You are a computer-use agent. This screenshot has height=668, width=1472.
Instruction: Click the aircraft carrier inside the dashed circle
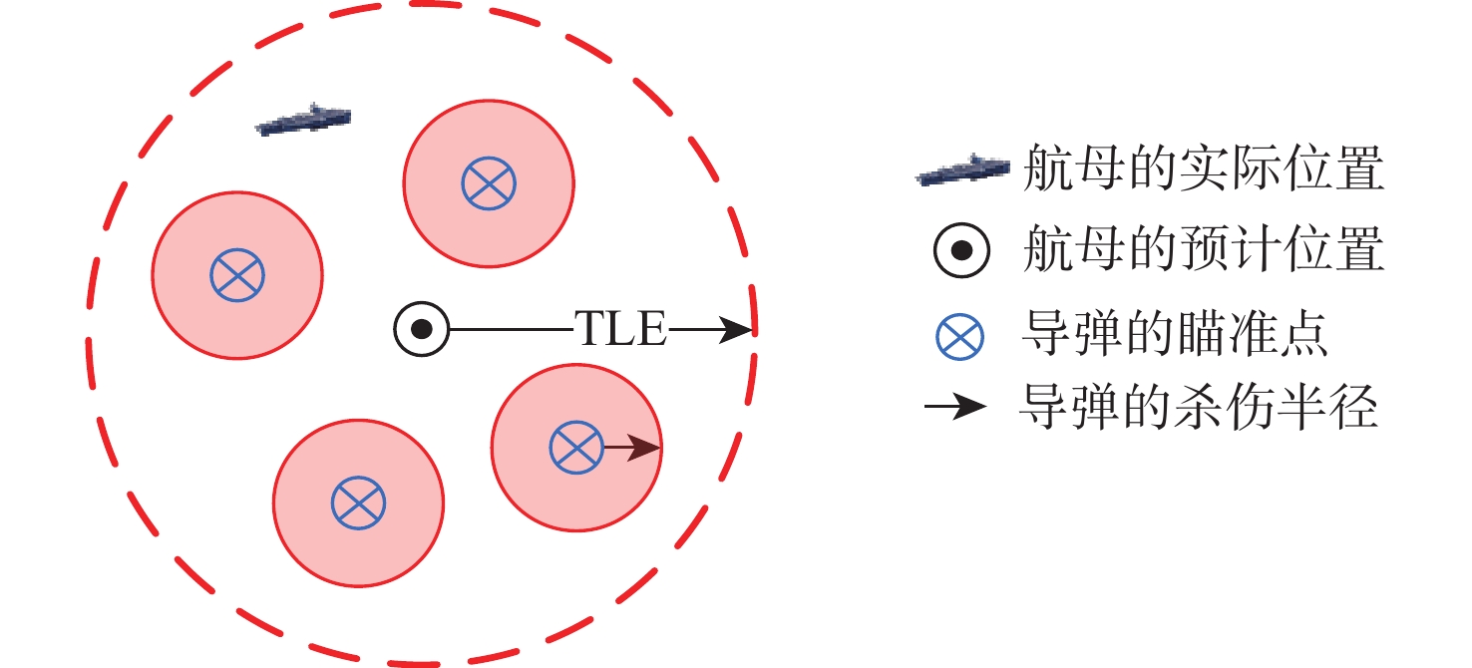(303, 119)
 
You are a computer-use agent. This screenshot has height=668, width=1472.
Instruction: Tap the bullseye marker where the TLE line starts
(421, 328)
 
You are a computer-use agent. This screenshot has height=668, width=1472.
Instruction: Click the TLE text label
(619, 328)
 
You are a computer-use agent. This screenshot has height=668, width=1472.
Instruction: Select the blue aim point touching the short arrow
(576, 447)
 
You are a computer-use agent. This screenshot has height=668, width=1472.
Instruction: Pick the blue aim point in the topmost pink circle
(489, 182)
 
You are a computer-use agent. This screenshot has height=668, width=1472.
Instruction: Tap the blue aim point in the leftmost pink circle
(237, 273)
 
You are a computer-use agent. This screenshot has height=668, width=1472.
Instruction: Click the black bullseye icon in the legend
(961, 251)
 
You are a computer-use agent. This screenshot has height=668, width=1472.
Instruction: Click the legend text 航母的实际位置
(1204, 170)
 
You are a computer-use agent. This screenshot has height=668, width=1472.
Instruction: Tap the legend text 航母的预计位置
(1204, 250)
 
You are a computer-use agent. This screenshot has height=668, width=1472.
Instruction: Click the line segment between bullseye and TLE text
(509, 328)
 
